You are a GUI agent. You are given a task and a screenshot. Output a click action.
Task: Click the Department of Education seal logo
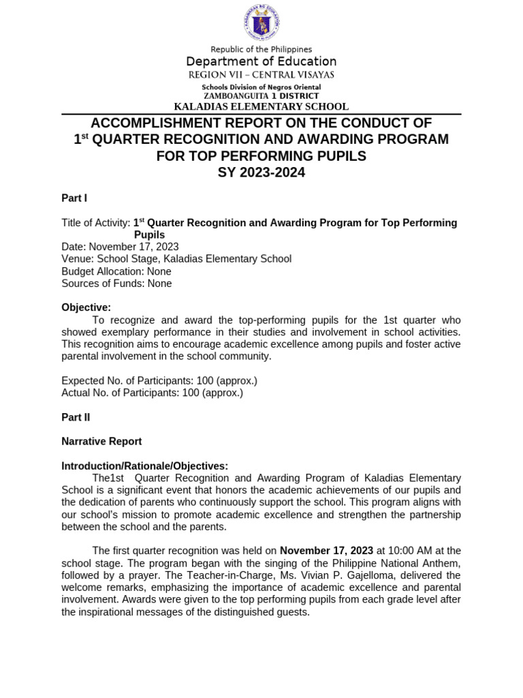tap(261, 23)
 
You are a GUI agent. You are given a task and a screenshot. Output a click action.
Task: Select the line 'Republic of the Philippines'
tap(261, 49)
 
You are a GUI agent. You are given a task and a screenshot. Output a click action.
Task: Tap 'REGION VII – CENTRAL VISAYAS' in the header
tap(261, 74)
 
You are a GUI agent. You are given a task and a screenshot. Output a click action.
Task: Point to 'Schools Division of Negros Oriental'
tap(261, 87)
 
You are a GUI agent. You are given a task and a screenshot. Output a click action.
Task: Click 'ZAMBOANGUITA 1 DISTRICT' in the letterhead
tap(261, 96)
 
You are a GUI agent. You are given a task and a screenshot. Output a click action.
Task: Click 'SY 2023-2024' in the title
tap(261, 172)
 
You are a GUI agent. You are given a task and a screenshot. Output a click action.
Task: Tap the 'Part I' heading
tap(74, 198)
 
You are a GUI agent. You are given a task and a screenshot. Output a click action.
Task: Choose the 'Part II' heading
tap(76, 416)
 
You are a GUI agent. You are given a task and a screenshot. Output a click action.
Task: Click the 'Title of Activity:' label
tap(95, 223)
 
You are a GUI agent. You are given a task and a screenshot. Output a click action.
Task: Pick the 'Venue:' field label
tap(78, 259)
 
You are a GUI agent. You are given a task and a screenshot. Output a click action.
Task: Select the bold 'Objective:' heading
tap(86, 307)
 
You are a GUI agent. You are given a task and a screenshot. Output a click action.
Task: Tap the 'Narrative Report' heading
tap(101, 441)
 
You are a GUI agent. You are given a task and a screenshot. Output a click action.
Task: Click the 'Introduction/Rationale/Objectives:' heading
tap(144, 466)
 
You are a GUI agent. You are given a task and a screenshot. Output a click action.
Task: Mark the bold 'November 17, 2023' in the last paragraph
tap(326, 551)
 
